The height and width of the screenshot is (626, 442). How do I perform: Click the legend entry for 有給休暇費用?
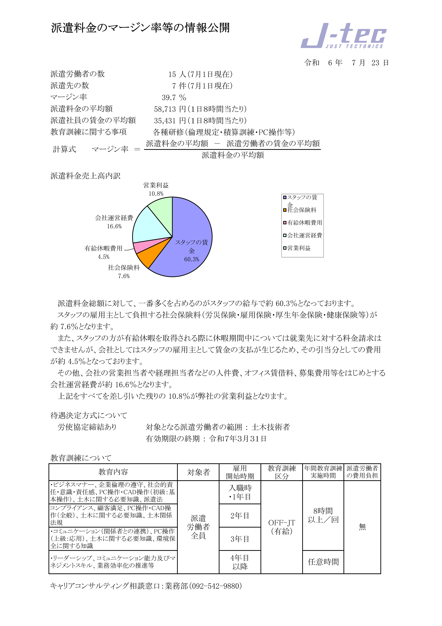302,223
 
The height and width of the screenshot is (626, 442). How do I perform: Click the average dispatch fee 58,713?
165,109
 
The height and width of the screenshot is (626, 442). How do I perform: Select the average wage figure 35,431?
165,121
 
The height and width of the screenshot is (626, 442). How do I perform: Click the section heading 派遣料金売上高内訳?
85,176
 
